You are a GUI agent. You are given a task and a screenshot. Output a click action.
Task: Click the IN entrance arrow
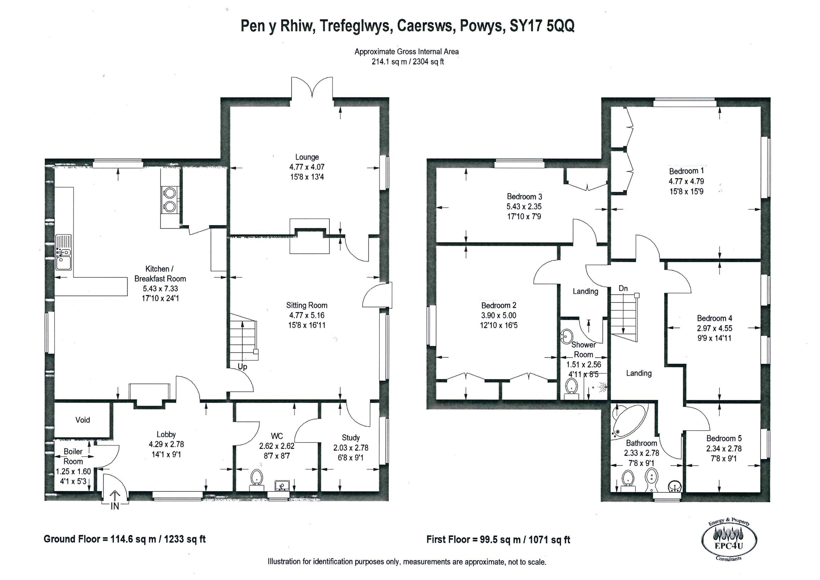pos(115,497)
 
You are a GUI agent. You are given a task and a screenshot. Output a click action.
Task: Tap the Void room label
pos(82,420)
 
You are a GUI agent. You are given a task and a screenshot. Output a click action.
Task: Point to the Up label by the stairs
pos(243,367)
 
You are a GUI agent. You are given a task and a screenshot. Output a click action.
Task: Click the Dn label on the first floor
pos(623,288)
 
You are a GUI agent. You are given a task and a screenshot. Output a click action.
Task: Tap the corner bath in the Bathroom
pos(627,420)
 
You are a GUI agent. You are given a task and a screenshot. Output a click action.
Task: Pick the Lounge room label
pos(307,157)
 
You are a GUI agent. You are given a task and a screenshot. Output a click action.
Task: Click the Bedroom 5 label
pos(724,439)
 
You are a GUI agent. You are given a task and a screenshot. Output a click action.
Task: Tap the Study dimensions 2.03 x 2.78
pos(350,448)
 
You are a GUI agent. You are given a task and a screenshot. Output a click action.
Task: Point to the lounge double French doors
pos(313,87)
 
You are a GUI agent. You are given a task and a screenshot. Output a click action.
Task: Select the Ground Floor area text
pos(124,539)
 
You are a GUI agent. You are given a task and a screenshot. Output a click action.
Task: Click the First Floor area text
pos(498,540)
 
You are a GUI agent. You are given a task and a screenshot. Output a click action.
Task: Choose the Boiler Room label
pos(73,456)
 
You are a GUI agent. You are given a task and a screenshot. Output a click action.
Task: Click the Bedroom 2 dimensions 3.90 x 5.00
pos(498,315)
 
